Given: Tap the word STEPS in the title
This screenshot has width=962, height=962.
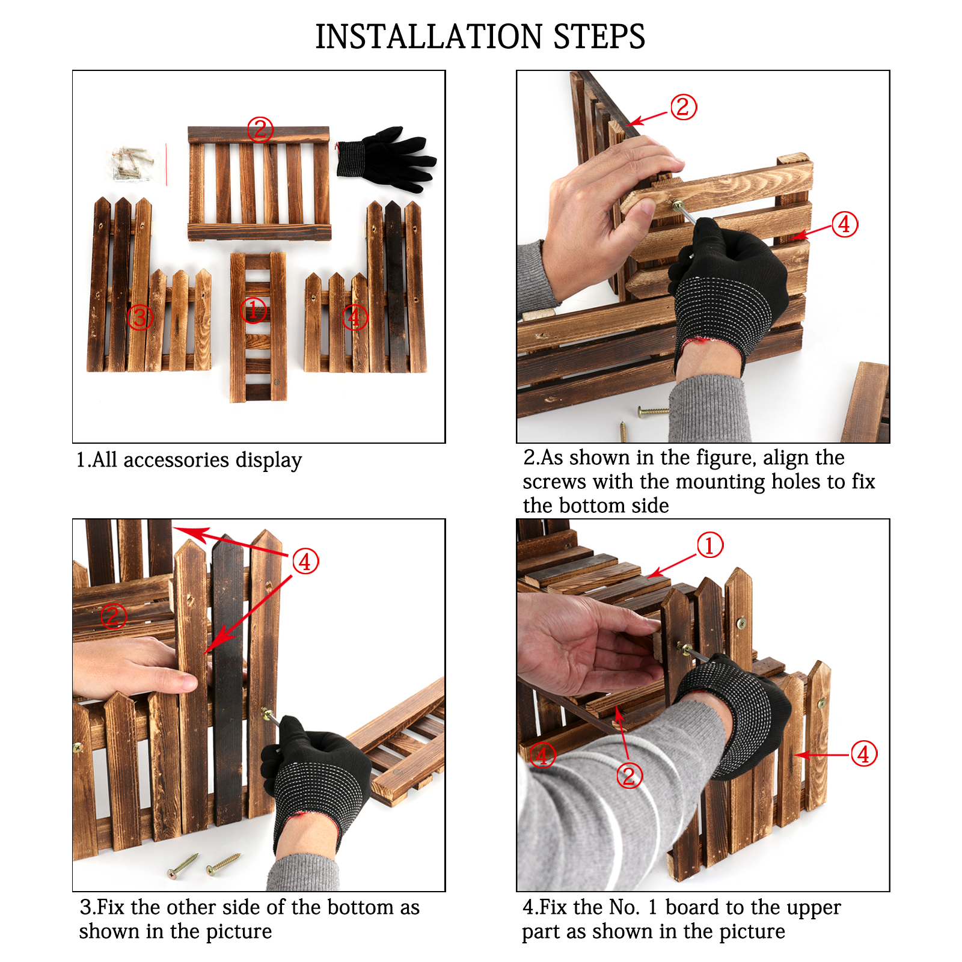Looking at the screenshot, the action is tap(599, 37).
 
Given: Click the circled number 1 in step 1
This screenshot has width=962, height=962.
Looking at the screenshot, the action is tap(253, 310).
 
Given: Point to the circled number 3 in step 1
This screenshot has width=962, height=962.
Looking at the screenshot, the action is tap(139, 317).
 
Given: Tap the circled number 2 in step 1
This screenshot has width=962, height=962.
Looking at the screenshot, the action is tap(260, 129).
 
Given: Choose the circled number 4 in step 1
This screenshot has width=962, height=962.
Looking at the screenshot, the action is tap(355, 317).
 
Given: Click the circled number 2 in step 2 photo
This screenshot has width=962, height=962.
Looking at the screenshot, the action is tap(683, 107).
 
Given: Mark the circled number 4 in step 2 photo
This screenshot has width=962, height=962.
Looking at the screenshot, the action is tap(845, 224).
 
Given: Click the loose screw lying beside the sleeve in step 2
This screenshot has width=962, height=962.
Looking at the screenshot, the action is tap(653, 412).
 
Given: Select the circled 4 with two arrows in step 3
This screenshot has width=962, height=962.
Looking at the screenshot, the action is tap(305, 562).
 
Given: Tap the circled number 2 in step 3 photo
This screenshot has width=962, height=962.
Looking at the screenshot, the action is tap(113, 616).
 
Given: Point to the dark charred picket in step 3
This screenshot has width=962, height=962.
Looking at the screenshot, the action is tap(228, 679).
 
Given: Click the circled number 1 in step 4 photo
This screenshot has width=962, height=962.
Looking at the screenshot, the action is tap(710, 545).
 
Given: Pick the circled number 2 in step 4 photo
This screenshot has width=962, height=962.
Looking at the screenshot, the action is tap(630, 776).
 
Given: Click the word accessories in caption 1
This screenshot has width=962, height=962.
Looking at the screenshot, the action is tap(176, 460).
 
